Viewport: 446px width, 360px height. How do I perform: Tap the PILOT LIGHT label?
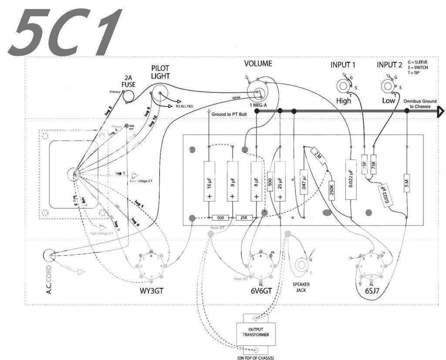[x=160, y=72]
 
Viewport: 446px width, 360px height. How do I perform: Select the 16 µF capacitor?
[x=209, y=181]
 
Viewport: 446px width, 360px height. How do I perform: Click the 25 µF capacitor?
[x=280, y=181]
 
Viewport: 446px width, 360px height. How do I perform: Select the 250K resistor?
[x=331, y=190]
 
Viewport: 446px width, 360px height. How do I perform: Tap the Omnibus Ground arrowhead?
[x=441, y=112]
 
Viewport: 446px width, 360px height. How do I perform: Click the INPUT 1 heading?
[x=343, y=65]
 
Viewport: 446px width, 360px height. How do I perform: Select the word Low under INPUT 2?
[x=389, y=101]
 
